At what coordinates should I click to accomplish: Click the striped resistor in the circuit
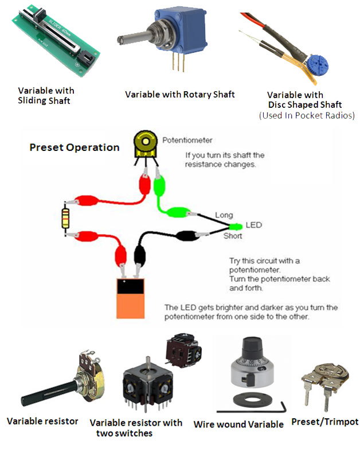tap(68, 217)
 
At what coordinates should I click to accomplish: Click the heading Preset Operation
tap(75, 147)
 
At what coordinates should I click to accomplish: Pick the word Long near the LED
tap(224, 215)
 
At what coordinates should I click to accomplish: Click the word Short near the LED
tap(232, 236)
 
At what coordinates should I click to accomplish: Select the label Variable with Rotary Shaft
tap(180, 94)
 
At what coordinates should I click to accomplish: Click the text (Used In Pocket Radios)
tap(306, 115)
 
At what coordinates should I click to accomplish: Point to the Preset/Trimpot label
tap(324, 422)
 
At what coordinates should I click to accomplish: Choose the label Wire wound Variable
tap(238, 425)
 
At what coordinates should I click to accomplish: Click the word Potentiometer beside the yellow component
tap(187, 139)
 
